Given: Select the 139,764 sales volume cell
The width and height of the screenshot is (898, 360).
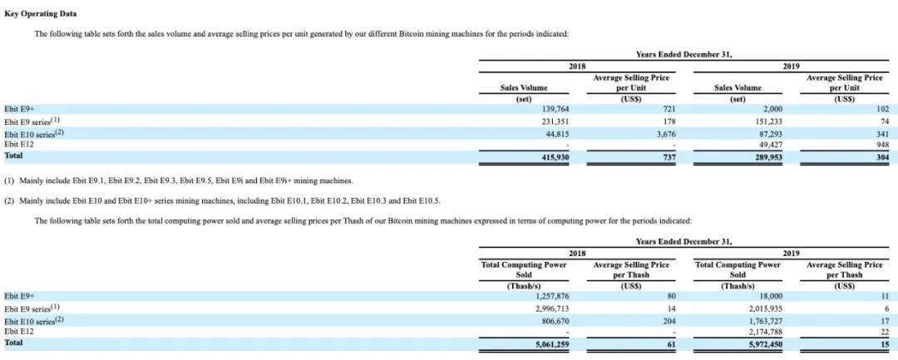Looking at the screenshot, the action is tap(555, 109).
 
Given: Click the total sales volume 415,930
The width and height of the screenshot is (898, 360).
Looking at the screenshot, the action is tap(555, 156).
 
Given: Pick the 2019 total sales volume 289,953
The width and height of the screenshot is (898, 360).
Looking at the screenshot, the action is tap(769, 156).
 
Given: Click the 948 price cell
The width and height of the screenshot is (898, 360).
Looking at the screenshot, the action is tap(882, 144).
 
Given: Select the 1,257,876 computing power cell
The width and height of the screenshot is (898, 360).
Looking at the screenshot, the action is tap(552, 296).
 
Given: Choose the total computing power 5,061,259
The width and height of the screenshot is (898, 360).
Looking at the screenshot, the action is tap(552, 344).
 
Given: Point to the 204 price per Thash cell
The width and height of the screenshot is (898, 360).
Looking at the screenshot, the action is tap(669, 322).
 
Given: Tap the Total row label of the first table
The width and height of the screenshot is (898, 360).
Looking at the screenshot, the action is tap(14, 155).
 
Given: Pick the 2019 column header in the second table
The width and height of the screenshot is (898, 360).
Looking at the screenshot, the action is tap(792, 254).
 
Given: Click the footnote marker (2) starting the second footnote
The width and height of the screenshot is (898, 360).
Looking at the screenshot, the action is tap(8, 200).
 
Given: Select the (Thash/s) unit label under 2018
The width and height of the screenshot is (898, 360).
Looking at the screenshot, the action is tap(525, 286).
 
